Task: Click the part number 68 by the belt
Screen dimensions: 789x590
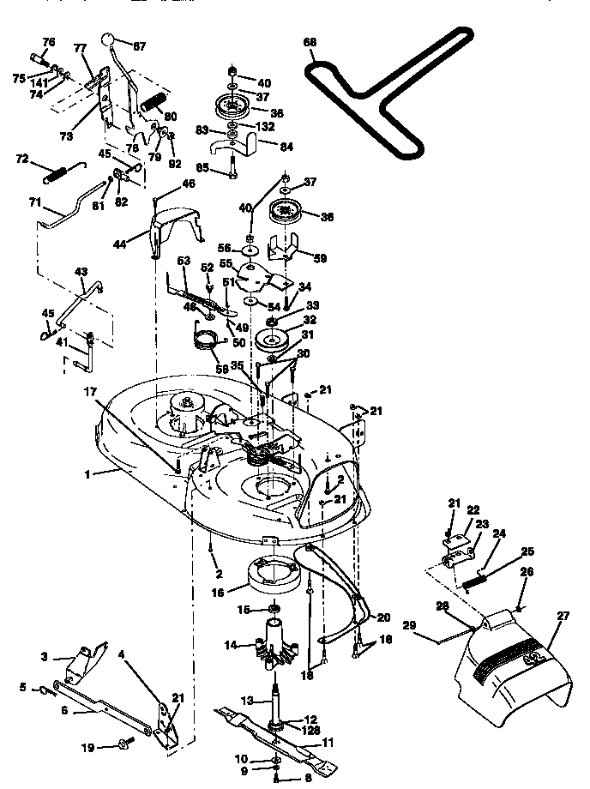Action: coord(310,42)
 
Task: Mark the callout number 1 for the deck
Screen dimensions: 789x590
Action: coord(87,473)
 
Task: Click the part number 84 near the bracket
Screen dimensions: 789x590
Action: coord(285,147)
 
